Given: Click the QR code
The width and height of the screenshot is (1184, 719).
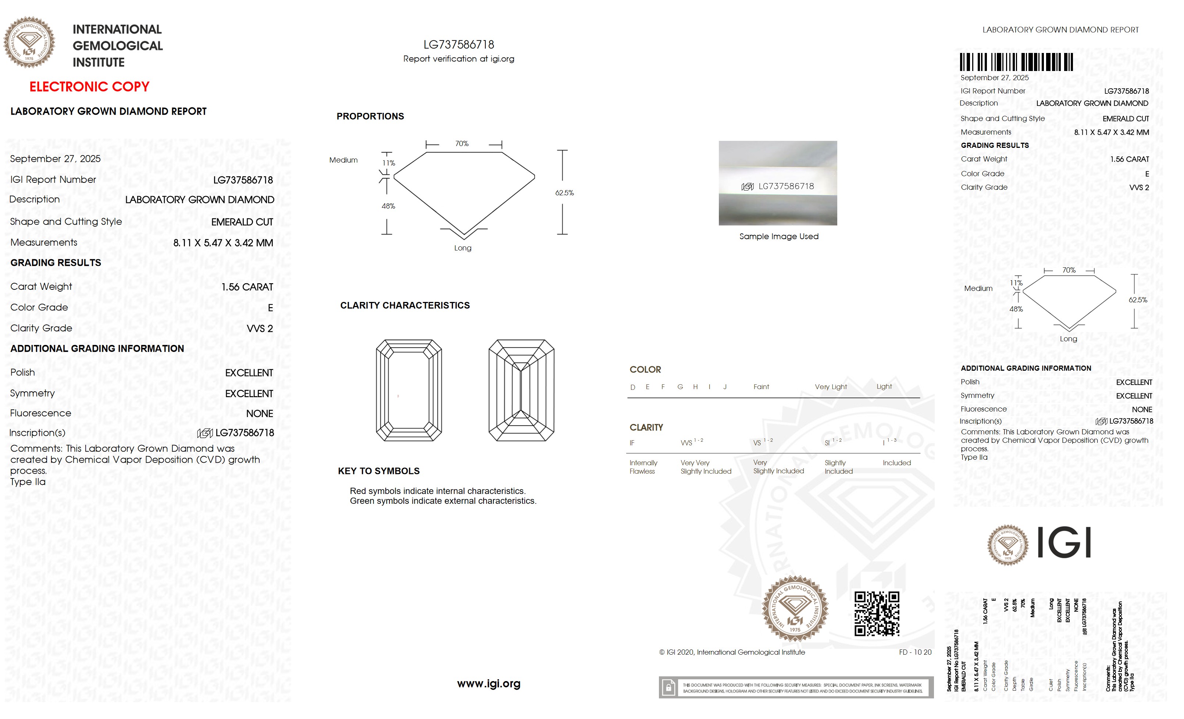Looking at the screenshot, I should pyautogui.click(x=877, y=614).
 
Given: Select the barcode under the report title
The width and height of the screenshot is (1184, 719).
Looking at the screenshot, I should pyautogui.click(x=1016, y=63).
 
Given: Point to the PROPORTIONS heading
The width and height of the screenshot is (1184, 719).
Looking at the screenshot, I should pyautogui.click(x=370, y=116).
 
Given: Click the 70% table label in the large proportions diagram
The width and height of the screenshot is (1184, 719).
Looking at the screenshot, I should pyautogui.click(x=462, y=144).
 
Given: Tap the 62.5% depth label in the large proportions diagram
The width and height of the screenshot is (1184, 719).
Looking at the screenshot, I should pyautogui.click(x=564, y=193).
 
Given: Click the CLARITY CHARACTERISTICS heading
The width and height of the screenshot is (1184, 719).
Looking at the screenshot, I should pyautogui.click(x=404, y=305).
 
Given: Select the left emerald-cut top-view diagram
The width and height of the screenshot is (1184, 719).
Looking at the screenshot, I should pyautogui.click(x=409, y=390).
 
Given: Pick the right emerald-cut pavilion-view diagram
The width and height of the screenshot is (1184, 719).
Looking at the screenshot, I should pyautogui.click(x=521, y=390).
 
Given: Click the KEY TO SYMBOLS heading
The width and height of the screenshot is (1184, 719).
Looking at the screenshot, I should pyautogui.click(x=379, y=471).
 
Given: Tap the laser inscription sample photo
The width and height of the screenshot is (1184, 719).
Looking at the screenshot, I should pyautogui.click(x=777, y=183).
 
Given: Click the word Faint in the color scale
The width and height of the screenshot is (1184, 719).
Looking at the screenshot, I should pyautogui.click(x=761, y=387).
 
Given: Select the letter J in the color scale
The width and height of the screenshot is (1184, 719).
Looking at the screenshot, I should pyautogui.click(x=725, y=387).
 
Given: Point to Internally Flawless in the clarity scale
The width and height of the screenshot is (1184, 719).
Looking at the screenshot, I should pyautogui.click(x=643, y=467).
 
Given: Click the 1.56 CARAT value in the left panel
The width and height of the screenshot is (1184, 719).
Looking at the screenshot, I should pyautogui.click(x=247, y=287).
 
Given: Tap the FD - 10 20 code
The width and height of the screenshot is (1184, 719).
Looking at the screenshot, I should pyautogui.click(x=915, y=652).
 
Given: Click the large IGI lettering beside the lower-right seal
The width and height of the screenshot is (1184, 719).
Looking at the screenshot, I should pyautogui.click(x=1064, y=542).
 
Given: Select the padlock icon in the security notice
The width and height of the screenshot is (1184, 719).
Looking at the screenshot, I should pyautogui.click(x=668, y=688).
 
